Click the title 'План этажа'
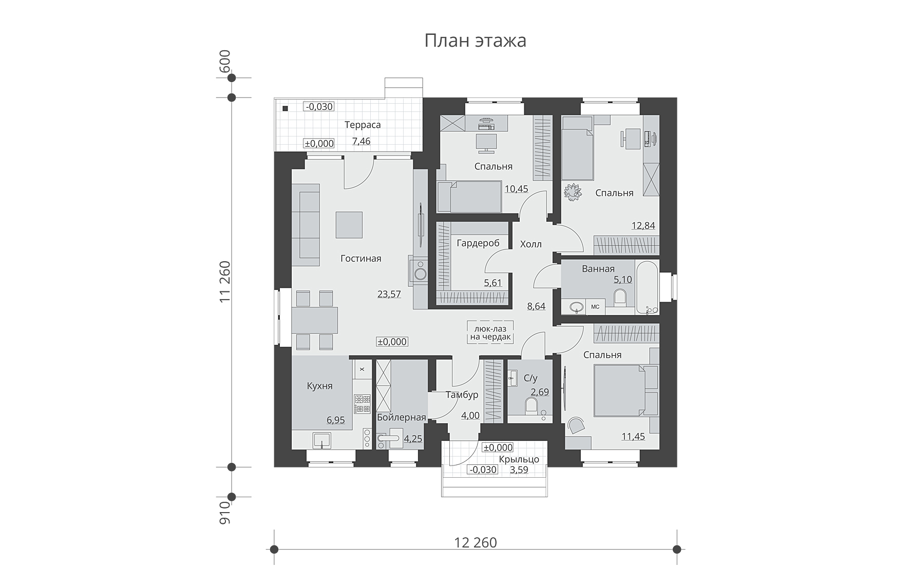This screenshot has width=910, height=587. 475,41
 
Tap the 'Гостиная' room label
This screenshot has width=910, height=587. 361,258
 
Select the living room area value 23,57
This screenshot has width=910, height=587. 389,294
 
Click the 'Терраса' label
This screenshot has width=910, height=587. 363,125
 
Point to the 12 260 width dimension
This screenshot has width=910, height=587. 476,542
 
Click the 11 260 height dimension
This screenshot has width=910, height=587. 225,282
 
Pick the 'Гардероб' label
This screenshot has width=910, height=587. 478,243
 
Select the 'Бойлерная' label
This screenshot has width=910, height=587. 402,417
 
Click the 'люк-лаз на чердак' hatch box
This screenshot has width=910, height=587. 490,332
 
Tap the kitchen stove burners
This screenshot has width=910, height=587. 362,403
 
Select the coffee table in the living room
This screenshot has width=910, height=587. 349,225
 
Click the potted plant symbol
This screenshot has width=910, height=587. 572,192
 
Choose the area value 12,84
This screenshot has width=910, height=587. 643,225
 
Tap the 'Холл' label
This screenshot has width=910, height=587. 531,244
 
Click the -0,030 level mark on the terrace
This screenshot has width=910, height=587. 319,107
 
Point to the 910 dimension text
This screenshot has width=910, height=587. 225,513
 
